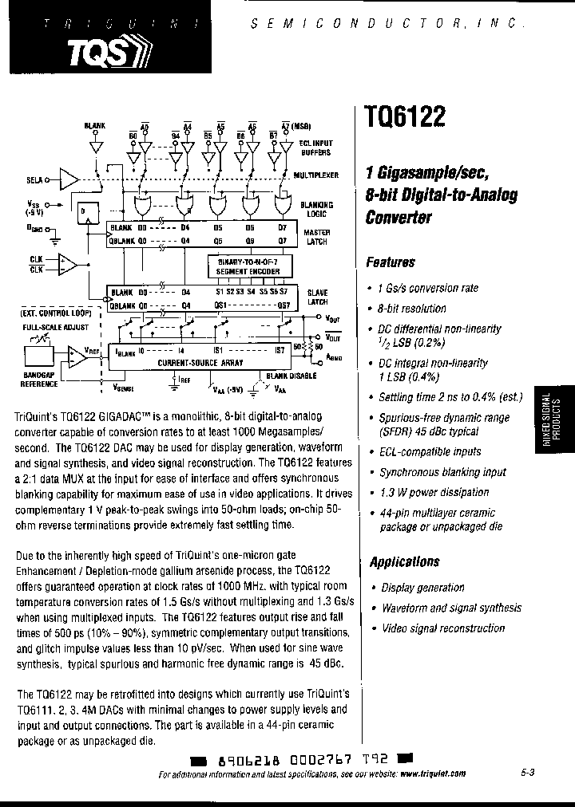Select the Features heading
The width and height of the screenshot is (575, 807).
coord(391,262)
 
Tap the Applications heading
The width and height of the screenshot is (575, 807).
coord(404,561)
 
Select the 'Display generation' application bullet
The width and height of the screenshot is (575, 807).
coord(422,588)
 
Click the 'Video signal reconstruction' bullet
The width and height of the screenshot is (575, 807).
coord(442,628)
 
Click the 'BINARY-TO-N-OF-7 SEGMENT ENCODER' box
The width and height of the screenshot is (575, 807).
coord(244,266)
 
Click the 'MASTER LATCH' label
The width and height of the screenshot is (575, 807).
coord(317,235)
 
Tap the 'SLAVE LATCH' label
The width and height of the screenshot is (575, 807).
coord(317,298)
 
